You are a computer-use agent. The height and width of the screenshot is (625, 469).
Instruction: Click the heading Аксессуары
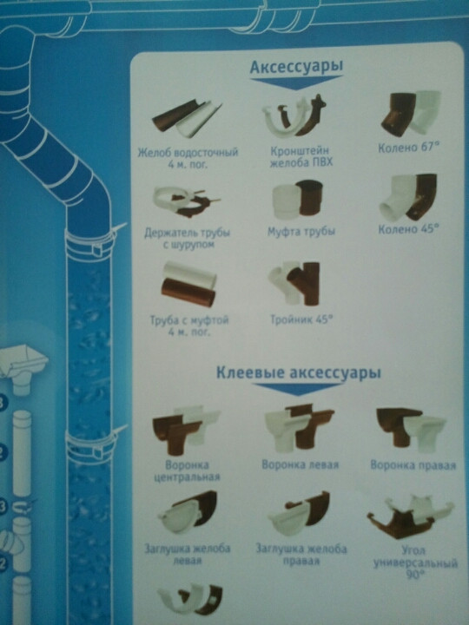point(296,67)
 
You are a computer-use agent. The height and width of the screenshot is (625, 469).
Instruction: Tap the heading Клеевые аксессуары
point(298,372)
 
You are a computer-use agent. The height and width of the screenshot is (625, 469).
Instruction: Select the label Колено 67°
point(408,148)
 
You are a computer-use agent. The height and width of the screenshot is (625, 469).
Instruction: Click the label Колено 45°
point(408,229)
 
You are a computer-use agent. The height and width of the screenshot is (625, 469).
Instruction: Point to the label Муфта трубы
point(301,231)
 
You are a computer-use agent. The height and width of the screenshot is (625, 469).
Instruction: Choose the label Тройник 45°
point(301,319)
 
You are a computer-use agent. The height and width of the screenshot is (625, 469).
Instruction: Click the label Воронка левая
point(300,464)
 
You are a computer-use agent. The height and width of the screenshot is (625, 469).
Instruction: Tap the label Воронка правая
point(413,465)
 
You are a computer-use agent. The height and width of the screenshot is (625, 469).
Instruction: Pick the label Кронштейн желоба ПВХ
point(301,156)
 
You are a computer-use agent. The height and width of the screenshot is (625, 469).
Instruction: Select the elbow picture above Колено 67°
point(411,113)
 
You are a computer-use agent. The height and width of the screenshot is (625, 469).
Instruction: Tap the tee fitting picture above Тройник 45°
point(295,283)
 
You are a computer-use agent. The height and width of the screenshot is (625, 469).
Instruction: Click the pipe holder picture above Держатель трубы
point(186,201)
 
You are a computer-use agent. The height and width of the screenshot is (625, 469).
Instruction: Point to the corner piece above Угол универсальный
point(410,516)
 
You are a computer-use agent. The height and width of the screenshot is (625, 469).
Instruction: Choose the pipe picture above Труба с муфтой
point(188,284)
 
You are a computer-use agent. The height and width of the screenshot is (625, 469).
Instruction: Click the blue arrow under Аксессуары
point(296,82)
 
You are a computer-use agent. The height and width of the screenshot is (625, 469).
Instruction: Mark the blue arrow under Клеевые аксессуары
point(298,390)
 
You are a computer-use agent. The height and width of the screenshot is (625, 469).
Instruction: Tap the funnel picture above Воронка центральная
point(186,431)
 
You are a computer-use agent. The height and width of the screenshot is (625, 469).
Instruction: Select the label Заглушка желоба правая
point(301,555)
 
